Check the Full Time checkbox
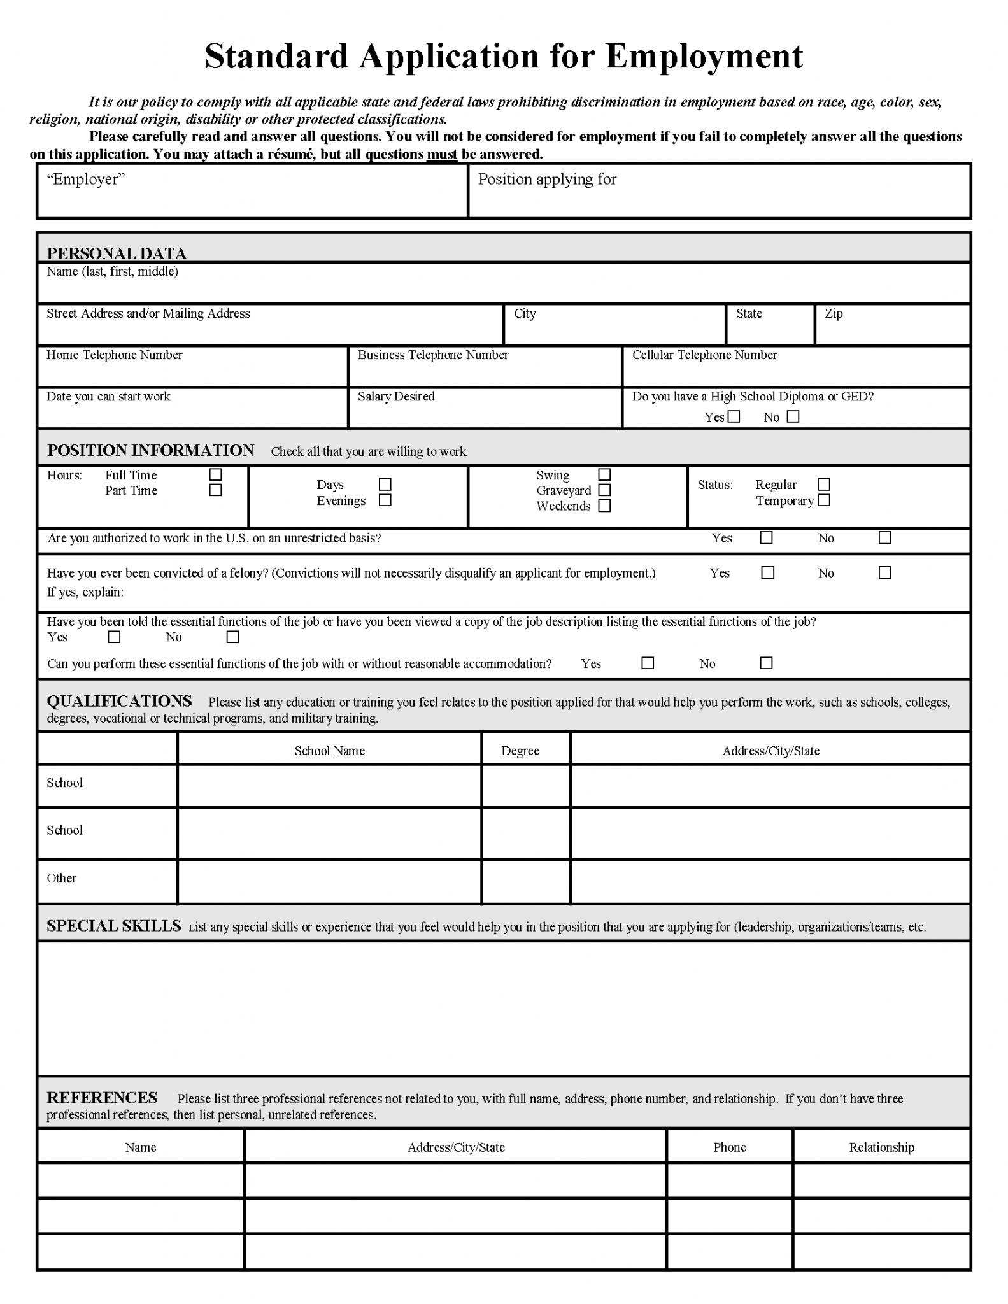pyautogui.click(x=216, y=475)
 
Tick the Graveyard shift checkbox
pyautogui.click(x=605, y=490)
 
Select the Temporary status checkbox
pyautogui.click(x=824, y=500)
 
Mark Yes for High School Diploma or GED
pyautogui.click(x=734, y=416)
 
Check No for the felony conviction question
pyautogui.click(x=884, y=573)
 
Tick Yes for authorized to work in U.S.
pyautogui.click(x=767, y=538)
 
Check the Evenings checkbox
pyautogui.click(x=385, y=500)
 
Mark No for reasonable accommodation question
pyautogui.click(x=767, y=663)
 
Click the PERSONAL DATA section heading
pyautogui.click(x=117, y=253)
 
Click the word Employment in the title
pyautogui.click(x=704, y=56)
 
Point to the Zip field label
pyautogui.click(x=834, y=313)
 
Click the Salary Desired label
pyautogui.click(x=396, y=397)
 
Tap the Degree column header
pyautogui.click(x=520, y=751)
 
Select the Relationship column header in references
pyautogui.click(x=881, y=1147)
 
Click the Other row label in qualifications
pyautogui.click(x=62, y=879)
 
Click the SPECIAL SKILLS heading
pyautogui.click(x=114, y=926)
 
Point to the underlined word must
pyautogui.click(x=442, y=154)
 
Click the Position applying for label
pyautogui.click(x=547, y=180)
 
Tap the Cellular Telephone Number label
pyautogui.click(x=704, y=355)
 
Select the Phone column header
pyautogui.click(x=729, y=1147)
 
